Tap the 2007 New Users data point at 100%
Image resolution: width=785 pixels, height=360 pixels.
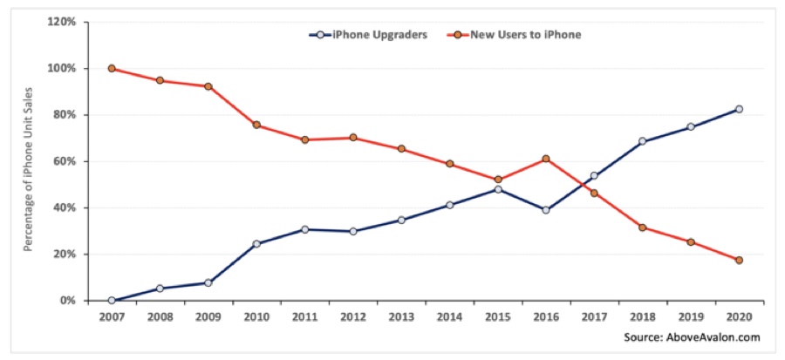point(112,68)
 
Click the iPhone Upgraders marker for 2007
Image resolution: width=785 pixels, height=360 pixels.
point(112,301)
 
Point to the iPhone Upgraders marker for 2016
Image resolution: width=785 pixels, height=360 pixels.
point(546,210)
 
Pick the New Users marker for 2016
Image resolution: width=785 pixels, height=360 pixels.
point(546,159)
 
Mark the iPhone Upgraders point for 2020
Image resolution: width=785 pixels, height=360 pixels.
point(739,109)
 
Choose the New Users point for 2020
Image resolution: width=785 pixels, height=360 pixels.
point(739,260)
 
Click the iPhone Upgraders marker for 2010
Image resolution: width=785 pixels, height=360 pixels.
point(256,243)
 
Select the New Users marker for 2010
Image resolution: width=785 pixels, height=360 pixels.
point(256,125)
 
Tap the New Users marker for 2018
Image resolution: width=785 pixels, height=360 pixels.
point(642,228)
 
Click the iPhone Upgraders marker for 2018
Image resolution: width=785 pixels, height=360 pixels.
point(642,141)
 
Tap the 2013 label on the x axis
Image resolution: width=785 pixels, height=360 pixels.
point(401,317)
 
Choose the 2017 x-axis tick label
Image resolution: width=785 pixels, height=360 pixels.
point(594,317)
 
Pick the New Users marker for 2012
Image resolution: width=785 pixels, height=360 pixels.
point(352,138)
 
